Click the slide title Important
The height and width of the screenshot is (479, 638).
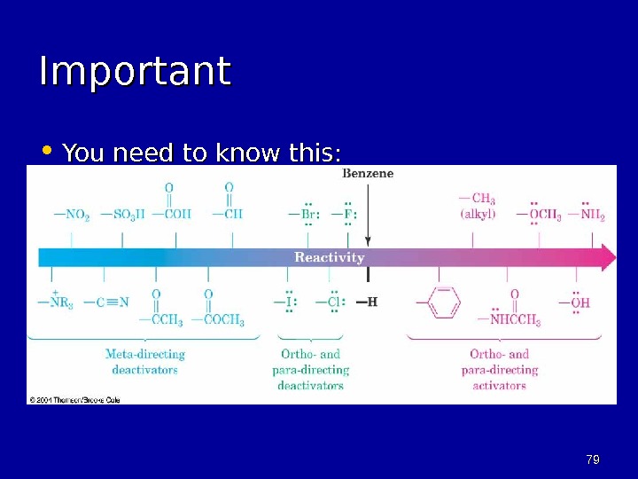pyautogui.click(x=135, y=73)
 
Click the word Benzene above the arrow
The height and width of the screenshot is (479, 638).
pyautogui.click(x=368, y=174)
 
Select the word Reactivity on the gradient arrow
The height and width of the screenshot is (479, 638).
pyautogui.click(x=329, y=257)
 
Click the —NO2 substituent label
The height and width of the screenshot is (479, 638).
pyautogui.click(x=71, y=215)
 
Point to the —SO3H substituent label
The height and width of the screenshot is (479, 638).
pyautogui.click(x=123, y=215)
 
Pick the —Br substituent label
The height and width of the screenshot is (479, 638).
pyautogui.click(x=304, y=214)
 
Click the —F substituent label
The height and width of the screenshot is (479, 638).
pyautogui.click(x=345, y=214)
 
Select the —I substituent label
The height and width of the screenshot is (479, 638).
pyautogui.click(x=285, y=302)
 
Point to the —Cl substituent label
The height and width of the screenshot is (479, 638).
pyautogui.click(x=331, y=302)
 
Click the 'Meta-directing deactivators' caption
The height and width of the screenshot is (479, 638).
pyautogui.click(x=144, y=362)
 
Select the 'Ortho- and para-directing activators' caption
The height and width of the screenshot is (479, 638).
pyautogui.click(x=500, y=369)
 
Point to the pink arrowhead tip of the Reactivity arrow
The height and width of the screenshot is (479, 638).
pyautogui.click(x=611, y=257)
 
